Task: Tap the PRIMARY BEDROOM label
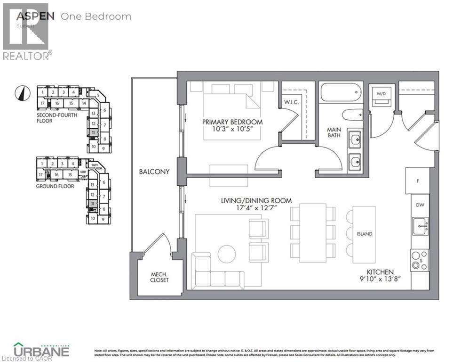coord(232,122)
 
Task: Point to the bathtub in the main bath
coord(341,92)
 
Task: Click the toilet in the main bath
coord(352,115)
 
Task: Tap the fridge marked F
coord(417,181)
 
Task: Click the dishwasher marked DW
coord(420,205)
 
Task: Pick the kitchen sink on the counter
coord(420,226)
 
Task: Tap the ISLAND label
coord(364,234)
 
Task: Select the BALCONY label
coord(154,172)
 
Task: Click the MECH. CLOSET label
coord(159,277)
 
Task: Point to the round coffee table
coord(227,255)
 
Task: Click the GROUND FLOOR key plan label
coord(55,186)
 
